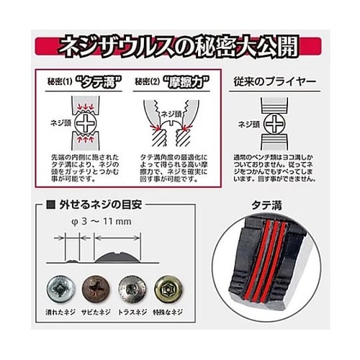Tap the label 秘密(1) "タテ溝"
coord(79,82)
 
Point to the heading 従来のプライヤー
coord(272,82)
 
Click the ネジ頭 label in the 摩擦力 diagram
coord(171,113)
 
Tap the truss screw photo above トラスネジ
coord(131,288)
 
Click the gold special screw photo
coord(168,288)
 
